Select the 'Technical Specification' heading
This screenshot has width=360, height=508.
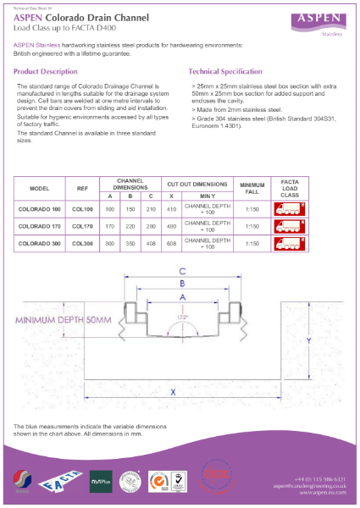click(x=226, y=72)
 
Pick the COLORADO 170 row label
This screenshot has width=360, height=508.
click(x=40, y=226)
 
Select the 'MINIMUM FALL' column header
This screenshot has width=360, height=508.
click(x=252, y=186)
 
